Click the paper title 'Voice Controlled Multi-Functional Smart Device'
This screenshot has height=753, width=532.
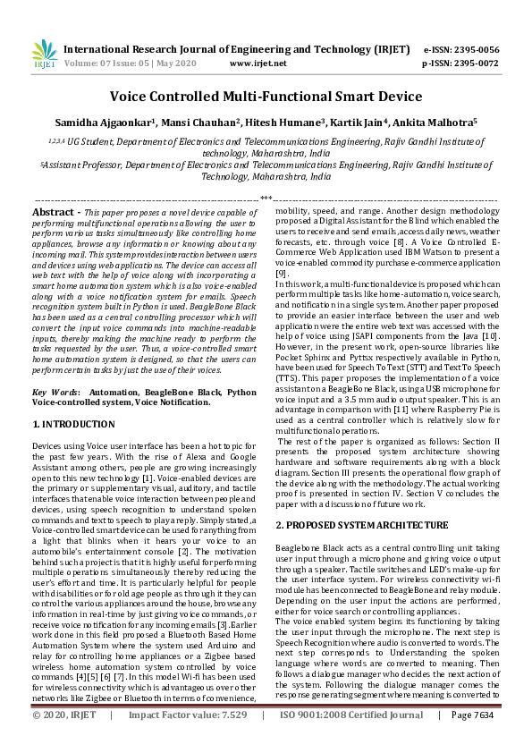[x=266, y=96]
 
